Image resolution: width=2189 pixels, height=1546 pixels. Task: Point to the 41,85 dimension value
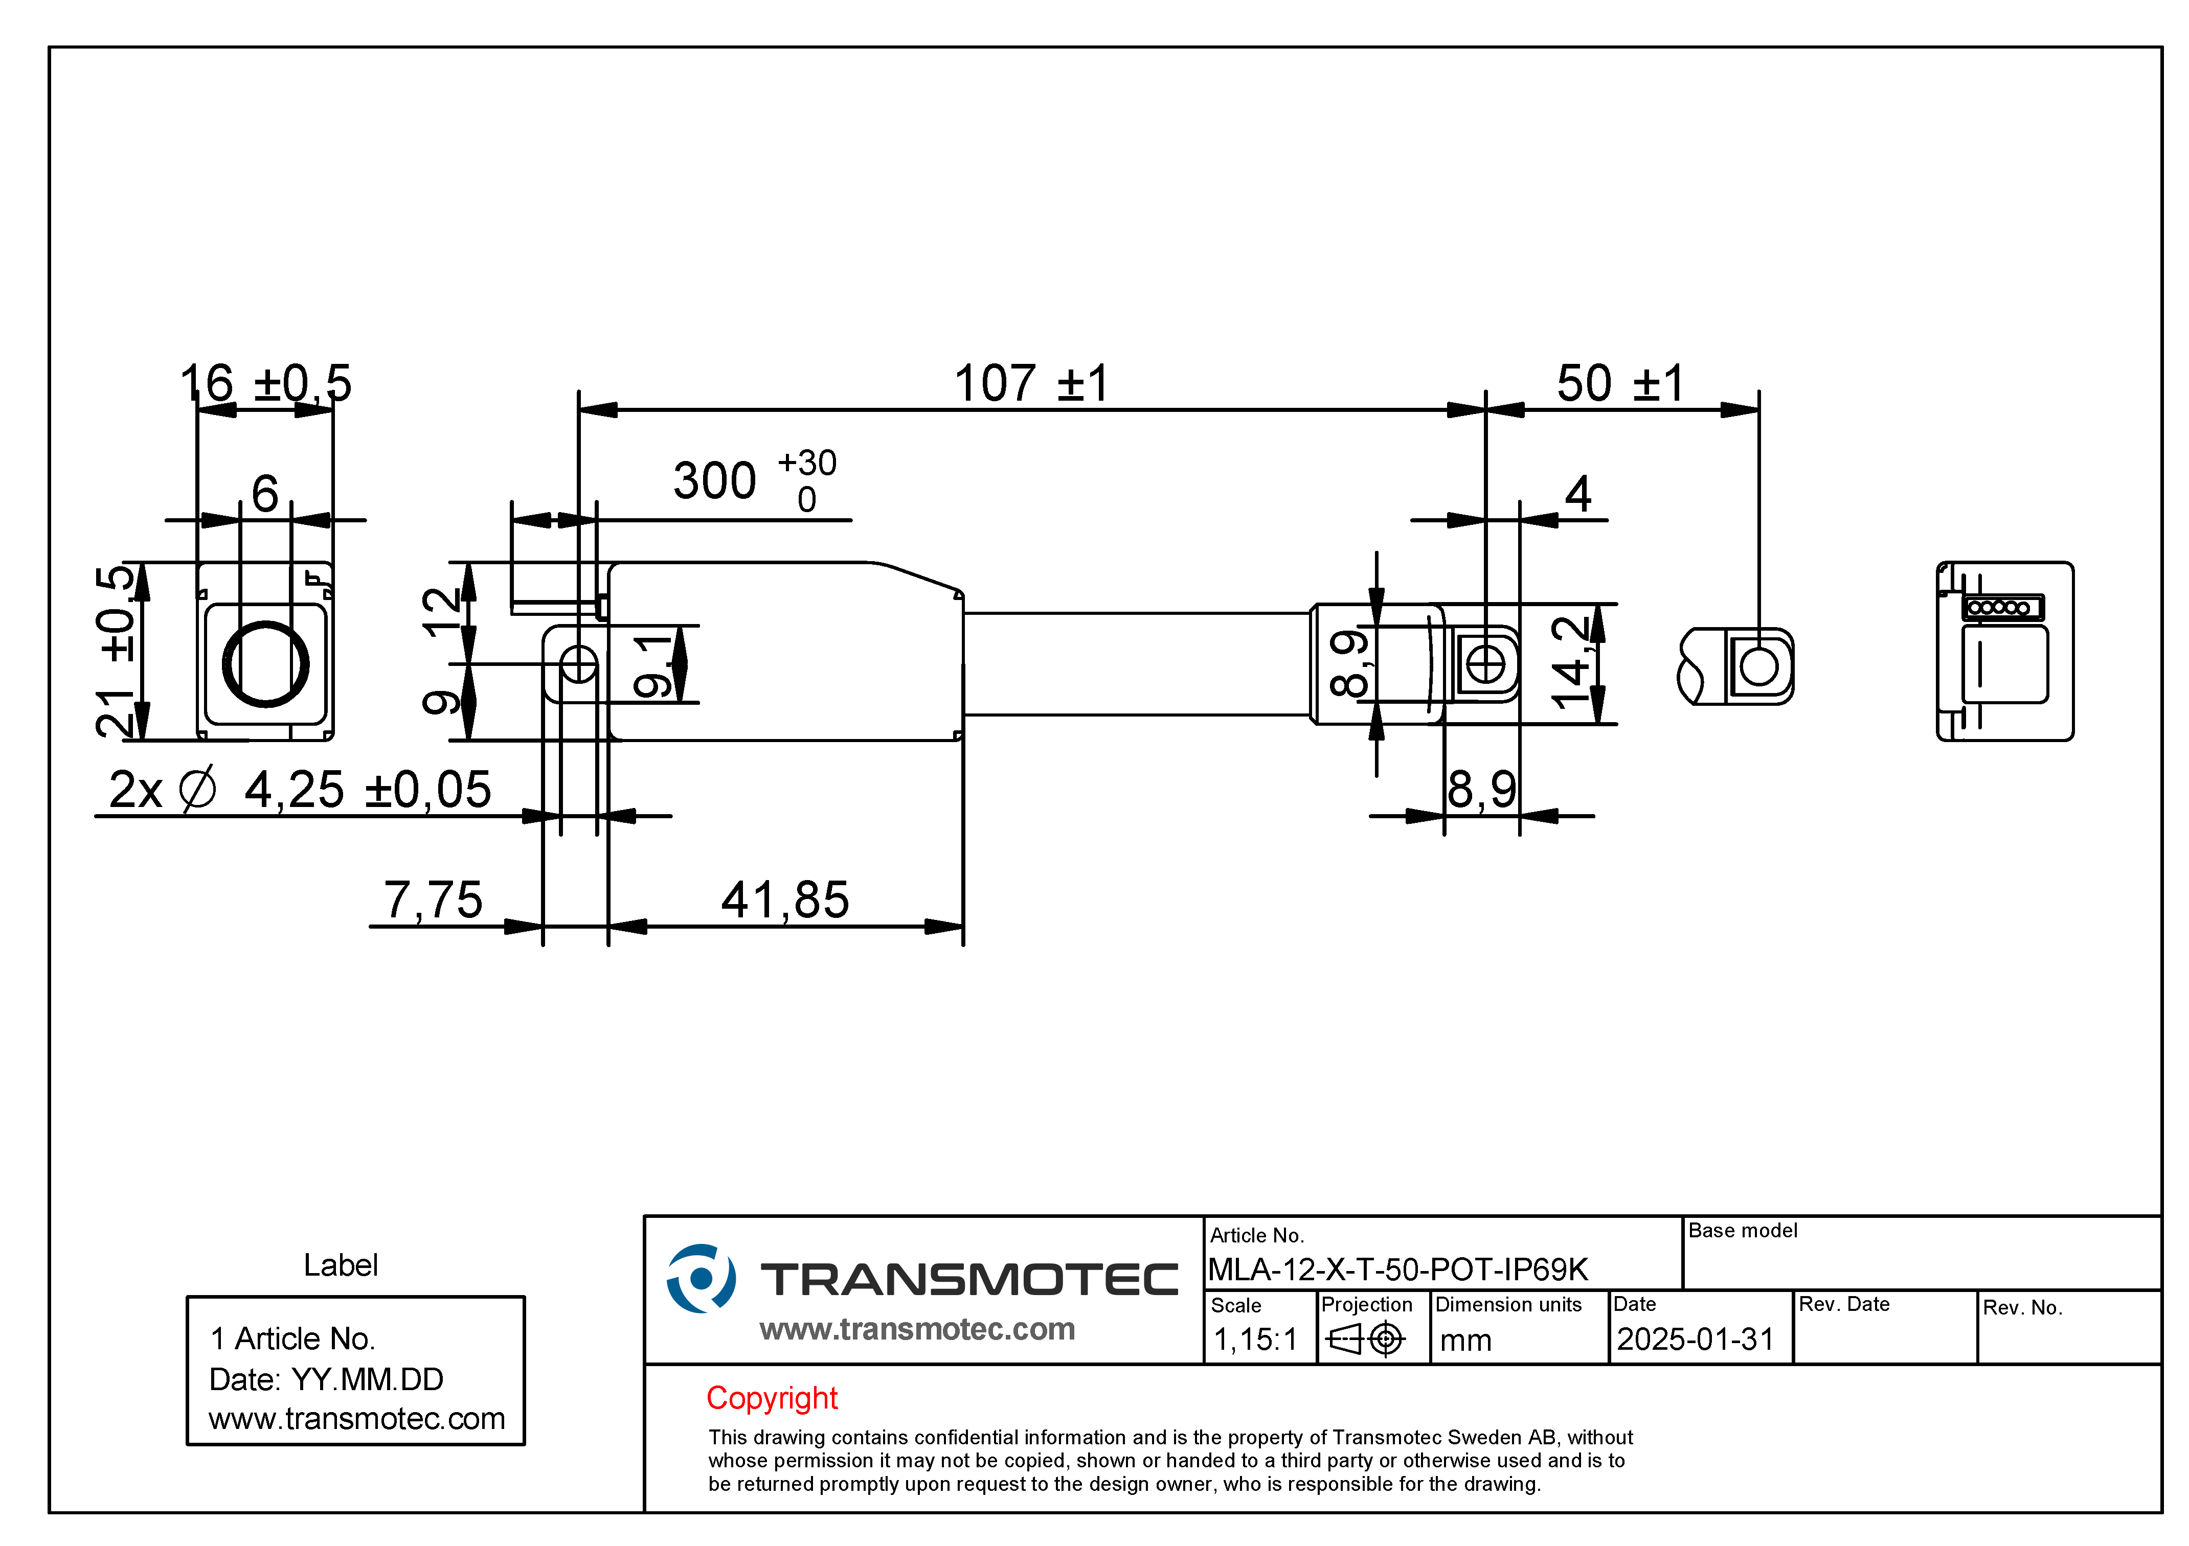click(x=785, y=900)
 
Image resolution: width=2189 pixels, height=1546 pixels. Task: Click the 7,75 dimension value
click(x=434, y=900)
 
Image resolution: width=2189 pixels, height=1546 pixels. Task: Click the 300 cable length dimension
click(x=755, y=479)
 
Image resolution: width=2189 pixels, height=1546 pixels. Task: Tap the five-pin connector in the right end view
click(x=2003, y=607)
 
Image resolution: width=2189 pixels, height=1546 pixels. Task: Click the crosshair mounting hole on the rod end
click(x=1485, y=664)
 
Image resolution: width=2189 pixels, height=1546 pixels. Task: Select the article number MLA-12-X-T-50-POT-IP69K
click(x=1397, y=1270)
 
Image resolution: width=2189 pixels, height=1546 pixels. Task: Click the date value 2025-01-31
click(x=1695, y=1339)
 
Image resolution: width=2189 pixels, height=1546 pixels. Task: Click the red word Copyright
click(x=772, y=1398)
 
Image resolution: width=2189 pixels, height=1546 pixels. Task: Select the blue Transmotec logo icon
click(x=701, y=1278)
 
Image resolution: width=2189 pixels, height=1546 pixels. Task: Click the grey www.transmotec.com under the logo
click(x=917, y=1329)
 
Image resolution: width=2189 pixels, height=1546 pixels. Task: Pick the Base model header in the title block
click(x=1743, y=1231)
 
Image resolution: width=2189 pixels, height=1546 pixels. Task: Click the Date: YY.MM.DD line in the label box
click(x=326, y=1379)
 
